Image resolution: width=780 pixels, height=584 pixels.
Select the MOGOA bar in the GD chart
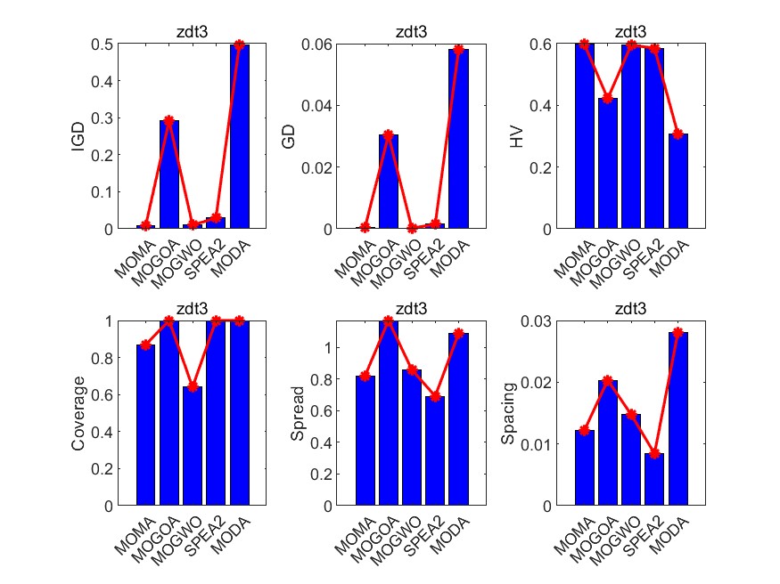(389, 182)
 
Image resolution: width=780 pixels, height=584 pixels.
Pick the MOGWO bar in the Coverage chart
(193, 445)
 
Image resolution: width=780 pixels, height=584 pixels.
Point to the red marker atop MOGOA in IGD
(169, 120)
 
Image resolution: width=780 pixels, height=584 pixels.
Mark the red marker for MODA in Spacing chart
(678, 333)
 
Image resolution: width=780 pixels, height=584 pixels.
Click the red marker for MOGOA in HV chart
(608, 99)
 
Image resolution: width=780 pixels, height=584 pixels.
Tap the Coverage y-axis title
(78, 413)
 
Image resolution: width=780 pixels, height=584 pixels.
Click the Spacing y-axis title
(508, 413)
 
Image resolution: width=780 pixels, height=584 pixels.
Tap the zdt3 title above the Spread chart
(412, 310)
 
